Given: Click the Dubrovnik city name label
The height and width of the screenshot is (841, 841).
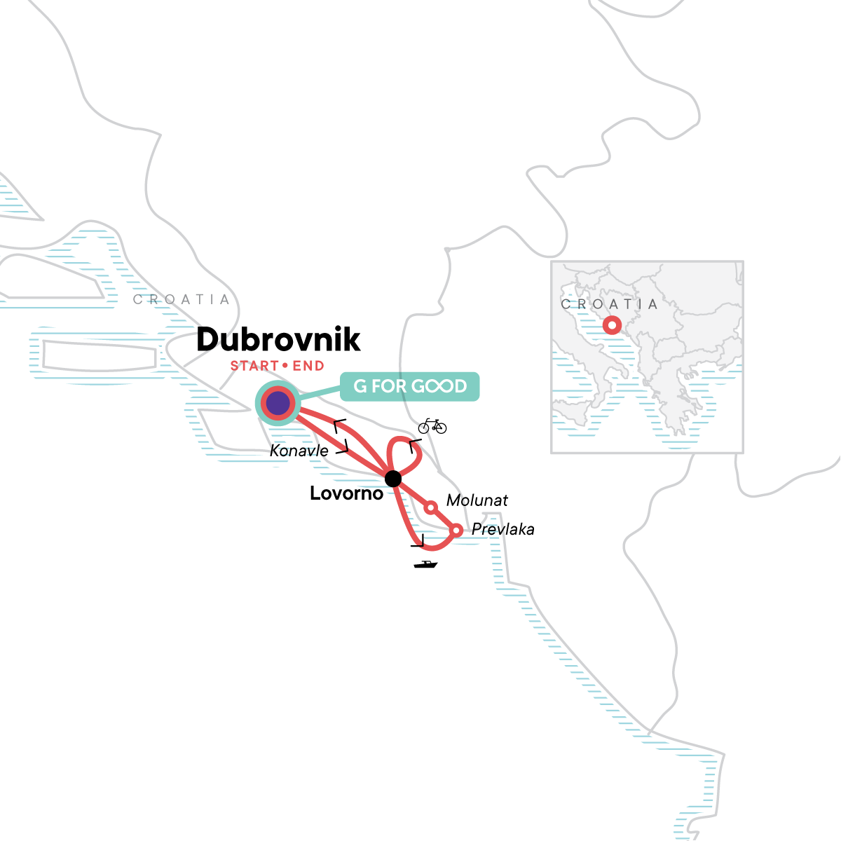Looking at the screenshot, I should (278, 340).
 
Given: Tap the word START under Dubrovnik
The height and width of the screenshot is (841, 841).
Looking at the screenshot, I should (254, 366).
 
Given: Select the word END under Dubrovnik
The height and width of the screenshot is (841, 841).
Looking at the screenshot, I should (308, 366).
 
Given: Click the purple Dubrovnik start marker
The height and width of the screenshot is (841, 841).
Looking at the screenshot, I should (278, 403).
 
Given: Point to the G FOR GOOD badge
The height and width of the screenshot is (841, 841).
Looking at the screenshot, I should (410, 386).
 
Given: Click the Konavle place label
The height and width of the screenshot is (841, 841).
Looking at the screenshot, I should (299, 451).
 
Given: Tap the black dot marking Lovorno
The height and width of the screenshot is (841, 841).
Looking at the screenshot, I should (393, 479).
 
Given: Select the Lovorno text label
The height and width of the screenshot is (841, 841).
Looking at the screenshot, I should (347, 494).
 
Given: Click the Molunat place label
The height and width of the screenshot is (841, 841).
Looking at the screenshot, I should (477, 500).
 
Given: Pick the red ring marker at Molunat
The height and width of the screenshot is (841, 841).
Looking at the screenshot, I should (431, 507).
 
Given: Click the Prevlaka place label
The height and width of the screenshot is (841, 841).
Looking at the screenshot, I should (503, 530).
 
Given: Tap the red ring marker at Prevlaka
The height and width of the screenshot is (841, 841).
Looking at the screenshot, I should (456, 531).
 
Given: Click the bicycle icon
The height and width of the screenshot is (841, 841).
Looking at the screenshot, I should (432, 425).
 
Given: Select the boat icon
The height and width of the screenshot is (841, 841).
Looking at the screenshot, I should (425, 564).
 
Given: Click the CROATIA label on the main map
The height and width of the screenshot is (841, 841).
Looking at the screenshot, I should (182, 300).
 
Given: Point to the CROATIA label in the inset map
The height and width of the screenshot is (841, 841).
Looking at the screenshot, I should (610, 304).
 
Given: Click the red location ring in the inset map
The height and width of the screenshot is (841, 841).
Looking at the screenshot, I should (612, 325).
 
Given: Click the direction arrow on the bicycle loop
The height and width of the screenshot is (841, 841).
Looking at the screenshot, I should (414, 444).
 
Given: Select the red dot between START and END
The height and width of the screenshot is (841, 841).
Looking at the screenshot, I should (285, 366).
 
